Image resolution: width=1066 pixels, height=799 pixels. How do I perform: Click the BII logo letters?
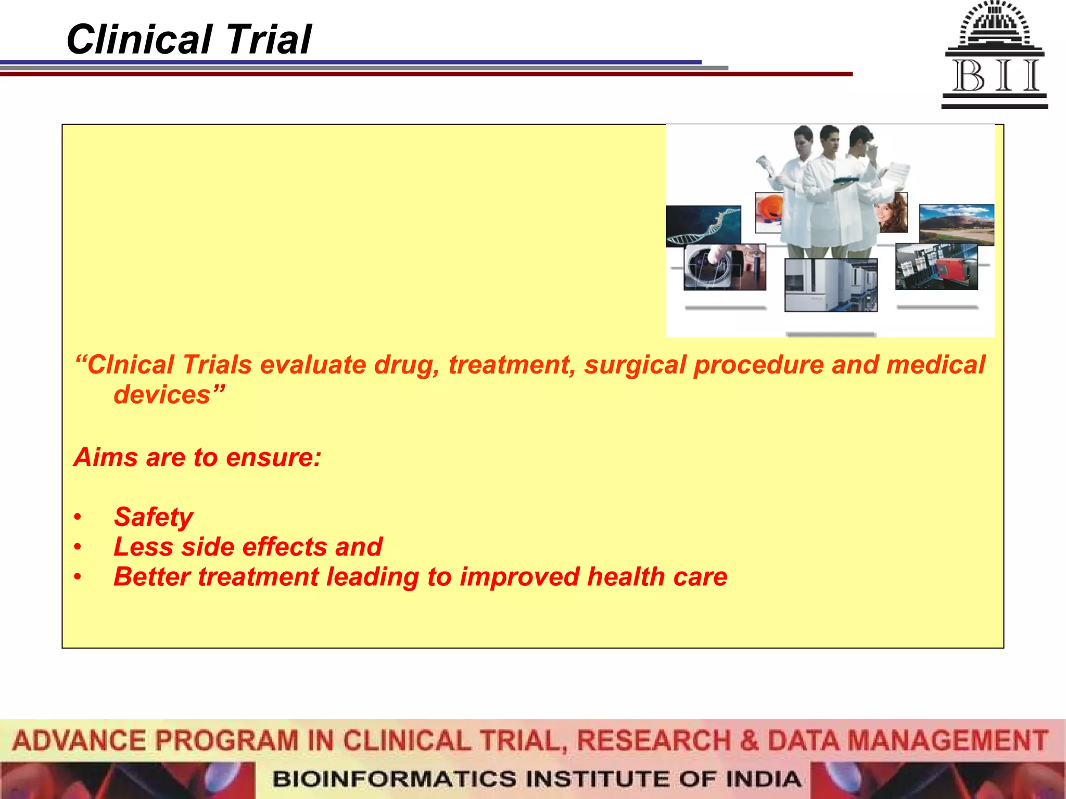pos(995,76)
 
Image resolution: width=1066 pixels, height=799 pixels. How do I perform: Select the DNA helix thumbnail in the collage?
pos(703,225)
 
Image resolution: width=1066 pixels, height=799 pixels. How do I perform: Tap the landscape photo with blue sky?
pos(956,224)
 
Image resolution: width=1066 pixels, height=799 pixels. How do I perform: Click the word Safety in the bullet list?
pos(153,517)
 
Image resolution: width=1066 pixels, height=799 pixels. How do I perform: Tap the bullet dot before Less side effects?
pos(78,547)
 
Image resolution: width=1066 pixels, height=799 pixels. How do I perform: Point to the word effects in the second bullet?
pos(285,547)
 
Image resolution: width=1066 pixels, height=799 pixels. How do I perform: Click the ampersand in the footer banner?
pos(749,741)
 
